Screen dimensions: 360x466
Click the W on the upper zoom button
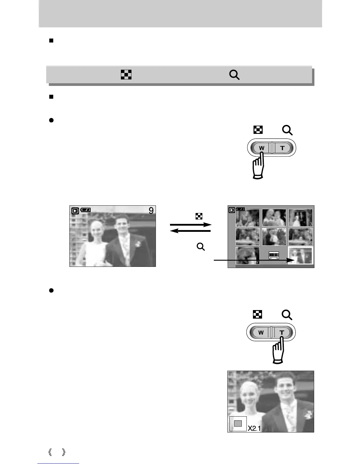pos(261,148)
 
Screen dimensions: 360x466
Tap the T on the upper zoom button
pos(282,148)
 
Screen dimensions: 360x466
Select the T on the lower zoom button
pos(282,333)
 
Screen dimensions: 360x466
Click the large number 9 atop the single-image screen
pos(151,211)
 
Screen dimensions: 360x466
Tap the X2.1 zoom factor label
pos(254,428)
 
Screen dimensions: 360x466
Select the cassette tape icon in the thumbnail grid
pos(274,255)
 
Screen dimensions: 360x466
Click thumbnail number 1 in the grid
pos(248,218)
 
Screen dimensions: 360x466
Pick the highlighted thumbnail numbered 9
pos(300,256)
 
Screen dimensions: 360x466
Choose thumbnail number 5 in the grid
pos(274,237)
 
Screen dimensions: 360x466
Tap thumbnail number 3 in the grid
pos(300,218)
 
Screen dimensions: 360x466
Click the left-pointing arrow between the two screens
pos(190,231)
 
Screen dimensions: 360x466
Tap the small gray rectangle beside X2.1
pos(238,423)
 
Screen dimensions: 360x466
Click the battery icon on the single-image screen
pos(86,210)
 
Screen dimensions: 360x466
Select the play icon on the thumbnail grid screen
pos(232,210)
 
